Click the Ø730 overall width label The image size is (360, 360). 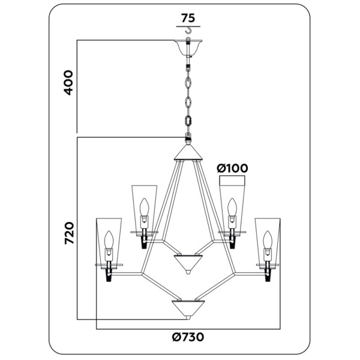(x=188, y=337)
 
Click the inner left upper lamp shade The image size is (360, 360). (x=145, y=207)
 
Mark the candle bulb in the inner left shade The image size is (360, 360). (x=144, y=211)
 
